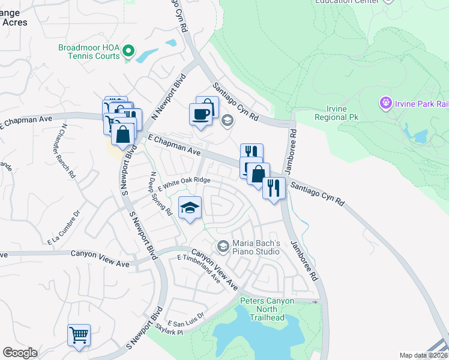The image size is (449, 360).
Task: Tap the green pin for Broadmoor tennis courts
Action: [128, 52]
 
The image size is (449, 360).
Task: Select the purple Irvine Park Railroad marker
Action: [385, 103]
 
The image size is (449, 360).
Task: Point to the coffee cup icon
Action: [200, 113]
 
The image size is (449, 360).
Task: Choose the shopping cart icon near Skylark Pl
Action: [79, 335]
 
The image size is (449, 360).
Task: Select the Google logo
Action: [20, 353]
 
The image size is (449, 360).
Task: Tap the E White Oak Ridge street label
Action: [184, 184]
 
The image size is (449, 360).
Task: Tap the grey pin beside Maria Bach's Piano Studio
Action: [223, 246]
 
